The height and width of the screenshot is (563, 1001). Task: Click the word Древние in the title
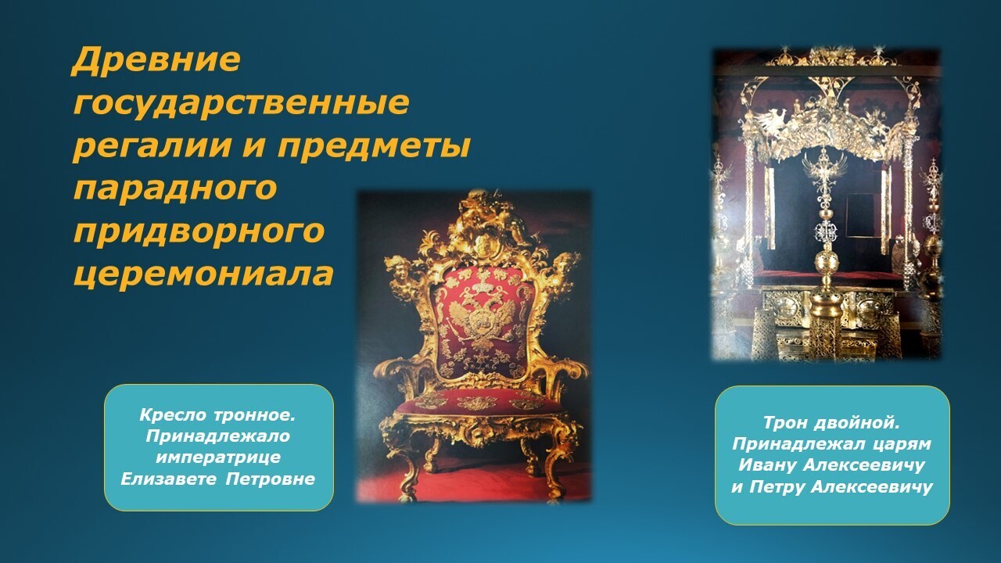(x=156, y=60)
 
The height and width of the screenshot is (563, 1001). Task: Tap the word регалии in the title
(x=152, y=146)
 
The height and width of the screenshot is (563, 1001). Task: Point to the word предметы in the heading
(x=374, y=146)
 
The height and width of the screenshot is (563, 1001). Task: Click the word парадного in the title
(x=175, y=189)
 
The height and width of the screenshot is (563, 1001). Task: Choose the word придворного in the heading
(x=199, y=231)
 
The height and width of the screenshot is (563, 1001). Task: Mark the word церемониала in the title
(x=204, y=273)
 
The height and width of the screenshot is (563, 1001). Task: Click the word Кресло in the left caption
(x=173, y=415)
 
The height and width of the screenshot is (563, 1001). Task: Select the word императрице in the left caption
(x=218, y=458)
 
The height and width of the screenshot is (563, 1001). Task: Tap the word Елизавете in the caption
(x=169, y=479)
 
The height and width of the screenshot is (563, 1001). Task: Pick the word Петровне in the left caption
(x=271, y=479)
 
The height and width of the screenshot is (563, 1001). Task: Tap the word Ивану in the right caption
(x=767, y=465)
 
